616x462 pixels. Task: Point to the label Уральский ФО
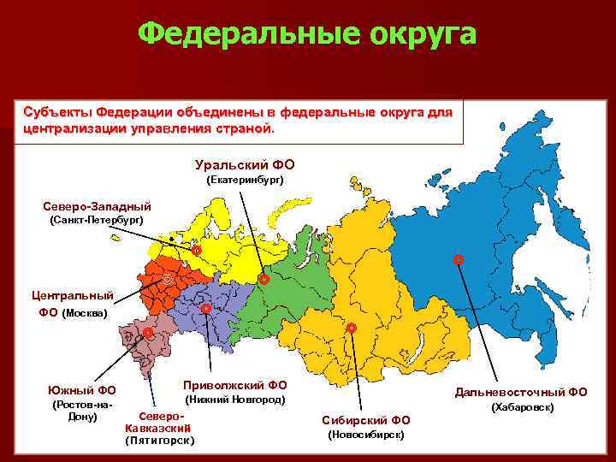pyautogui.click(x=245, y=163)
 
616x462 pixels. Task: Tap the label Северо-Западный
pyautogui.click(x=97, y=206)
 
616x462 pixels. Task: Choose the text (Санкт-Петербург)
pyautogui.click(x=97, y=221)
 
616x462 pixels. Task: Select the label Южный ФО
pyautogui.click(x=83, y=392)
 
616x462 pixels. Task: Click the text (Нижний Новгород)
pyautogui.click(x=235, y=400)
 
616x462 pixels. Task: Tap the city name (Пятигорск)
pyautogui.click(x=160, y=441)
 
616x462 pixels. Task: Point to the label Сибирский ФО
pyautogui.click(x=366, y=420)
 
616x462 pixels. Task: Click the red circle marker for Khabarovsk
pyautogui.click(x=458, y=258)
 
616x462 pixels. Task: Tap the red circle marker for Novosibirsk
pyautogui.click(x=351, y=328)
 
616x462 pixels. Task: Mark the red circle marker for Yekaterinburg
pyautogui.click(x=264, y=279)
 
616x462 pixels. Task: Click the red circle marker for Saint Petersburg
pyautogui.click(x=195, y=251)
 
